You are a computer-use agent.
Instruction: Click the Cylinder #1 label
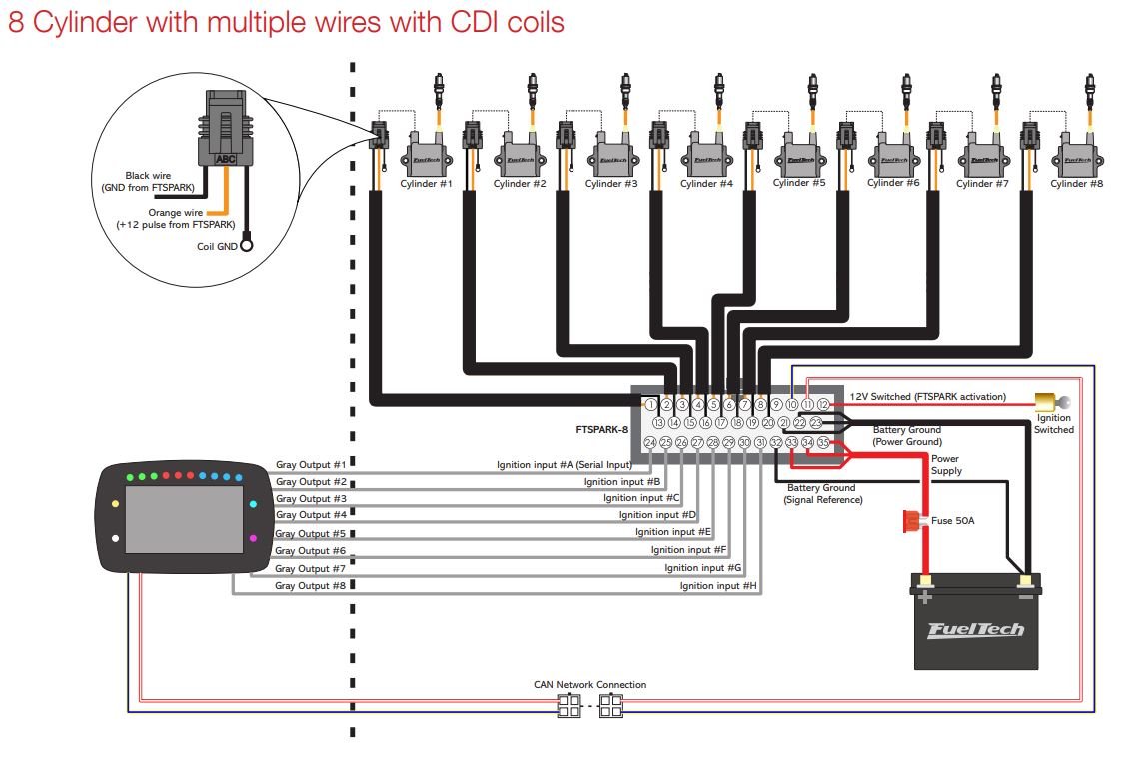[x=427, y=184]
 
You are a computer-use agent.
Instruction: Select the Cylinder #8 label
[x=1076, y=184]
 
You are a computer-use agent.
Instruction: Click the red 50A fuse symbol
[x=911, y=520]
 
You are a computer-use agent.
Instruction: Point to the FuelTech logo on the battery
[x=976, y=630]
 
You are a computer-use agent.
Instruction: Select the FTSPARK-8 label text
[x=601, y=430]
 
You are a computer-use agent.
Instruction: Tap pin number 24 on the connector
[x=650, y=442]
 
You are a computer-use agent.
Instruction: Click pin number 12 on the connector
[x=823, y=405]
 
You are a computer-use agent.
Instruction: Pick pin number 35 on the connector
[x=823, y=442]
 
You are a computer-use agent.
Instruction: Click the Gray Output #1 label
[x=310, y=465]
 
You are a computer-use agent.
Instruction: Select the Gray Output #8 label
[x=310, y=586]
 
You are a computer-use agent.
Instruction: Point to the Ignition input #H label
[x=718, y=586]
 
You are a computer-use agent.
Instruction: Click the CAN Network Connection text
[x=589, y=685]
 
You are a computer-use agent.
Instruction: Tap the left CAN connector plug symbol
[x=568, y=708]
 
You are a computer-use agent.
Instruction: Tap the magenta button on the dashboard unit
[x=253, y=538]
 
